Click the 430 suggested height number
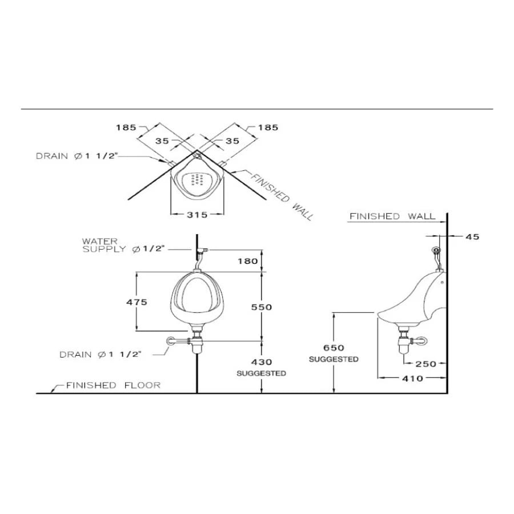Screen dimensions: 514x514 coord(261,362)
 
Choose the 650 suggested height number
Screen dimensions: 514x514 coord(334,348)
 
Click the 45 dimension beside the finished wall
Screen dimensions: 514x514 coord(472,236)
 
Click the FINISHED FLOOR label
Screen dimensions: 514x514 coord(113,385)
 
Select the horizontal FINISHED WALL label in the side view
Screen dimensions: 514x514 coord(392,216)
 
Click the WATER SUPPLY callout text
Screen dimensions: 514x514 coord(123,245)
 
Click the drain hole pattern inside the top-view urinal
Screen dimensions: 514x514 coord(196,180)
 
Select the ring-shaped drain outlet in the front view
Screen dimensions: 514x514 coord(171,341)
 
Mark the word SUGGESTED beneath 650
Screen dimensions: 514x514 coord(334,359)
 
